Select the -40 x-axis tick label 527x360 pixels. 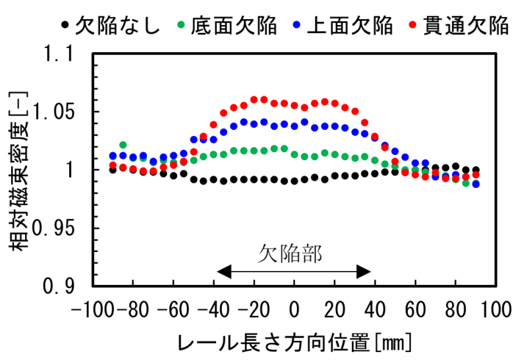click(214, 308)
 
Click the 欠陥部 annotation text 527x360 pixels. click(290, 253)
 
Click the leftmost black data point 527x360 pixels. click(113, 169)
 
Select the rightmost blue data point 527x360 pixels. click(476, 184)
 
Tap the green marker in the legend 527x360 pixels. click(180, 26)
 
